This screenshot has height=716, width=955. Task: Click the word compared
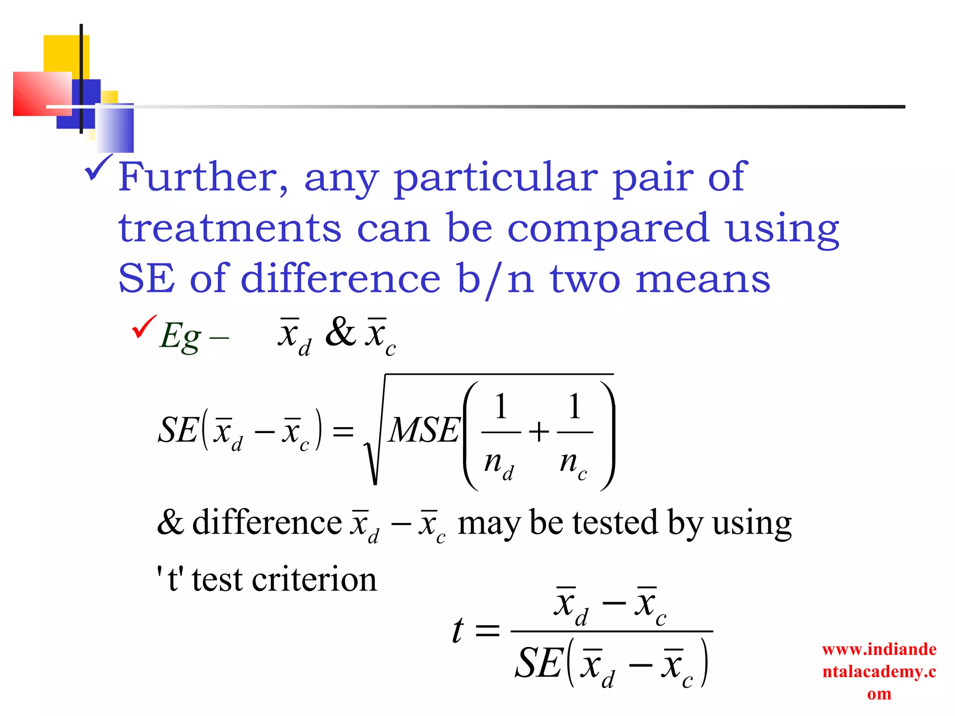pos(608,229)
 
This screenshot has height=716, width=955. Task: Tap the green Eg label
pos(180,336)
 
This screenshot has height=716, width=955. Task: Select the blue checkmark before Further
pos(98,168)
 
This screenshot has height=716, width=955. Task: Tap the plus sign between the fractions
pos(539,432)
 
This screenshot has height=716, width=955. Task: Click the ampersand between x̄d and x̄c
pos(340,332)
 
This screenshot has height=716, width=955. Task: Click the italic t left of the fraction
pos(458,630)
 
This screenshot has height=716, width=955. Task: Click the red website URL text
pos(879,671)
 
